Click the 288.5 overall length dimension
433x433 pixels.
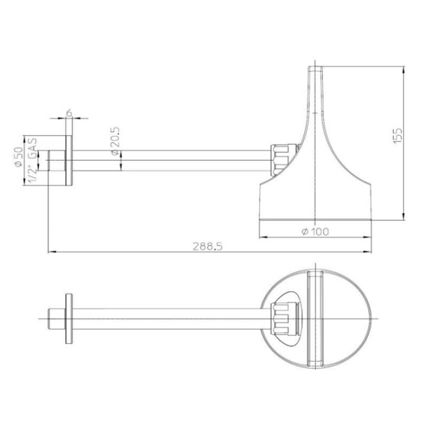(208, 246)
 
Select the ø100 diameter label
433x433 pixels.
(316, 231)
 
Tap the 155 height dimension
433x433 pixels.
(397, 135)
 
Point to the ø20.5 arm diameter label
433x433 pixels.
(115, 141)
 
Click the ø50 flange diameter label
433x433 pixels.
(19, 157)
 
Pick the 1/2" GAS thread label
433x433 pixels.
(33, 160)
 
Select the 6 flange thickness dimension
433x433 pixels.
(69, 113)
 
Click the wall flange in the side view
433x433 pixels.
(69, 160)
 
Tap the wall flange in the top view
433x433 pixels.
(69, 318)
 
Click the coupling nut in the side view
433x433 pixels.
(279, 160)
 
